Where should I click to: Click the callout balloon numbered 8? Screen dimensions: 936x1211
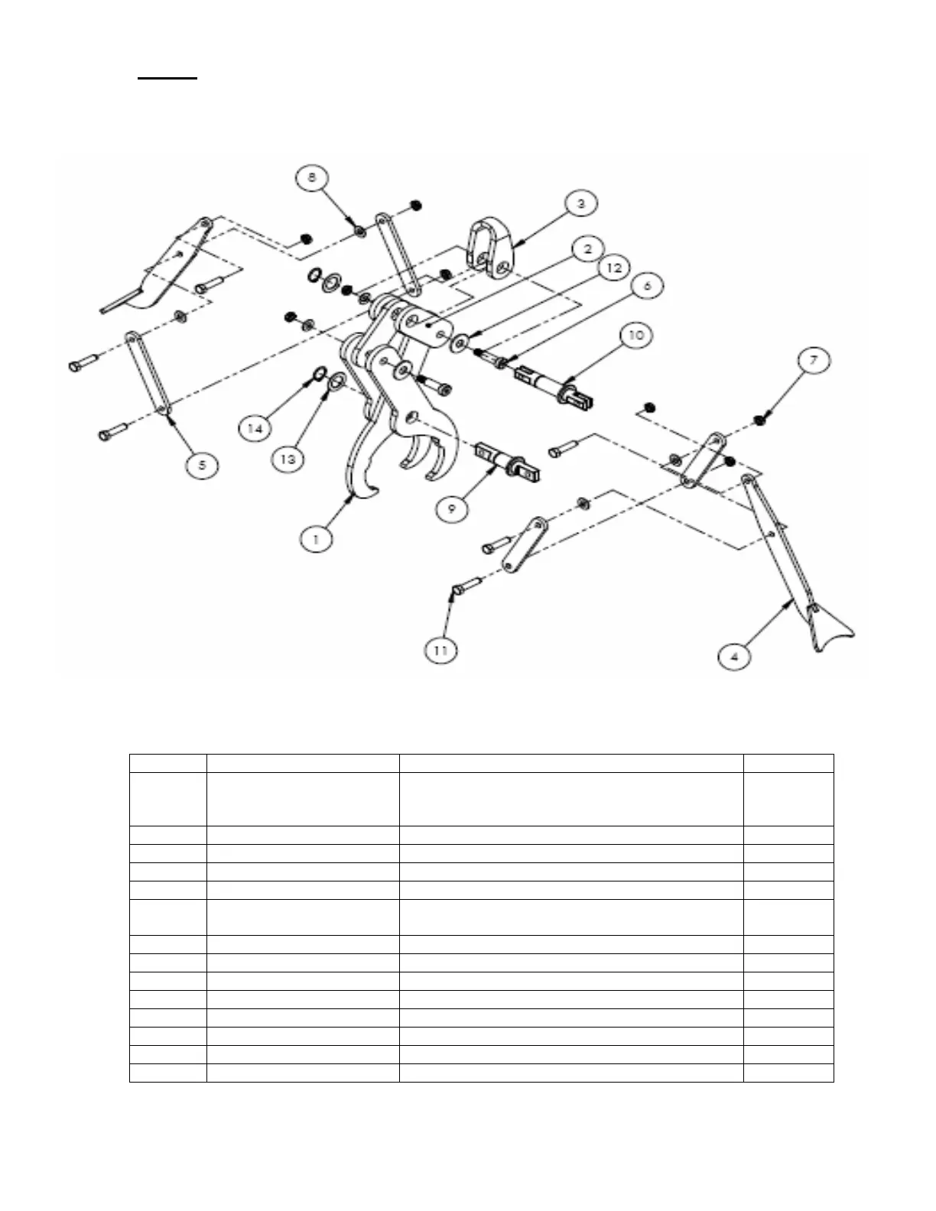[310, 178]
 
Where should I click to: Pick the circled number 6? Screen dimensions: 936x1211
[647, 286]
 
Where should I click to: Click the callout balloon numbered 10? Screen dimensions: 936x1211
[636, 335]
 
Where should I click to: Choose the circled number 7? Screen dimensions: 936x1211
[814, 360]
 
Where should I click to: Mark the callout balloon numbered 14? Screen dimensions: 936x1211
[255, 428]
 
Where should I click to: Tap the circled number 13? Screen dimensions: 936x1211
[288, 459]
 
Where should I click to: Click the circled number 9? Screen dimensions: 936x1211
[453, 508]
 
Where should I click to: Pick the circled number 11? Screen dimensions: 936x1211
[440, 650]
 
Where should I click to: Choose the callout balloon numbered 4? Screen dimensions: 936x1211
[734, 656]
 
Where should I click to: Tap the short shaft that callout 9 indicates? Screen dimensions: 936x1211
[509, 463]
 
